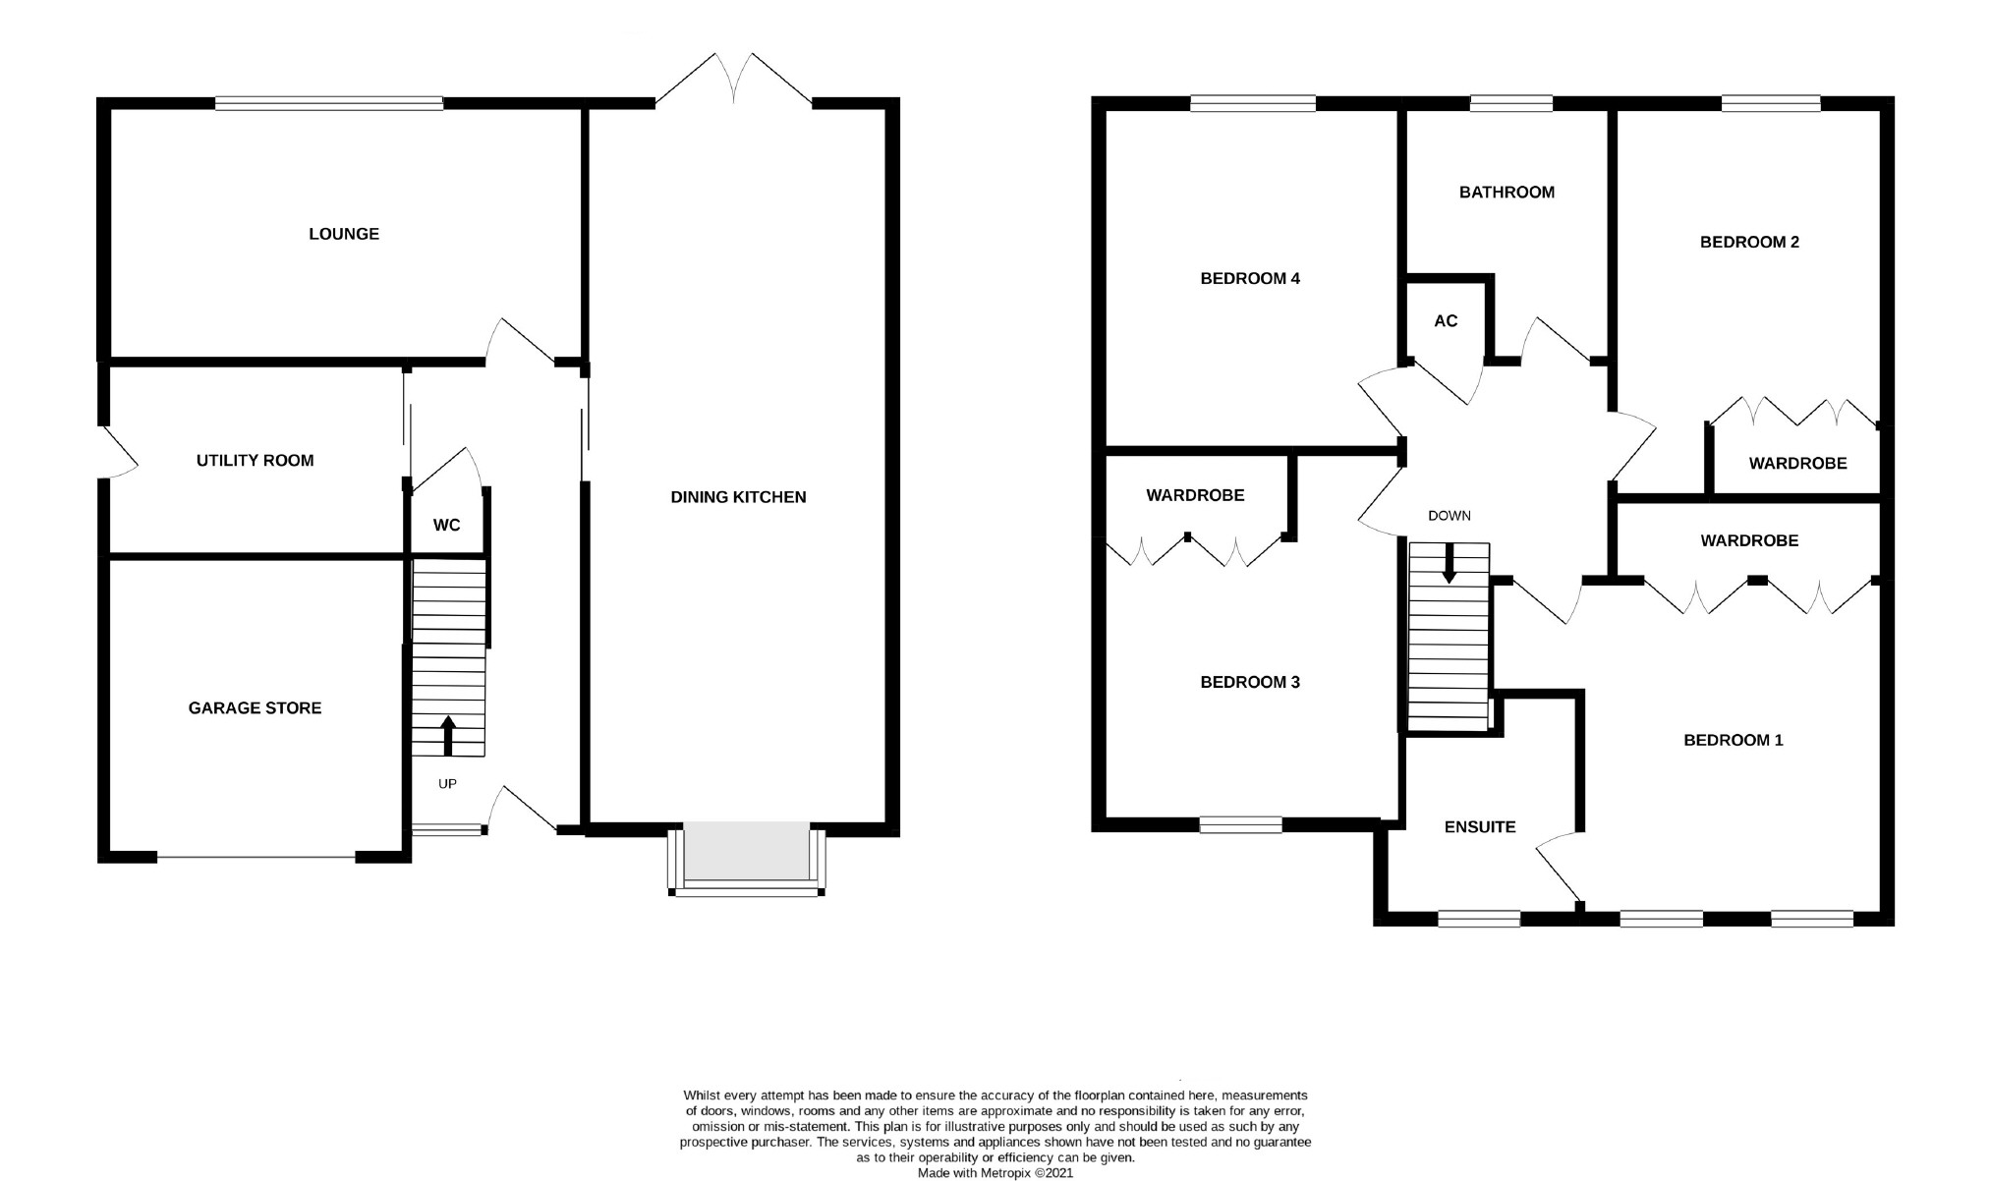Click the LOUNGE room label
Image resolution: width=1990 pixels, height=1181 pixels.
point(343,234)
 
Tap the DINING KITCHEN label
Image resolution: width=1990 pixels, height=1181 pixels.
point(738,497)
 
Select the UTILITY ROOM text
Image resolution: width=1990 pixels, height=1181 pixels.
point(255,461)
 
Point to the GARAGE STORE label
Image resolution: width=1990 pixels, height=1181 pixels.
point(255,708)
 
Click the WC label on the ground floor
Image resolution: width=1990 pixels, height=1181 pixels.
point(446,526)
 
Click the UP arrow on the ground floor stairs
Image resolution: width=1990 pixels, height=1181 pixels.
point(448,735)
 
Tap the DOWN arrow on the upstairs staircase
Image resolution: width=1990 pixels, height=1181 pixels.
point(1449,567)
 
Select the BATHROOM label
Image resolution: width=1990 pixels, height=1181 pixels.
point(1507,193)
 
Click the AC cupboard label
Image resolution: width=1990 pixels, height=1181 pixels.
point(1445,321)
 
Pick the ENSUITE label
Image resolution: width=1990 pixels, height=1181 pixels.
point(1479,827)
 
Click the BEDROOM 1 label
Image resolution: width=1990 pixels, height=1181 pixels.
point(1733,741)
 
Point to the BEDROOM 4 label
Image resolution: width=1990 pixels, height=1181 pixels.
point(1249,279)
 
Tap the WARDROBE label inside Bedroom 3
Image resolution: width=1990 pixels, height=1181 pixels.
point(1195,496)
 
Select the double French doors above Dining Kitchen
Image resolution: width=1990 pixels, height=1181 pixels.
point(734,79)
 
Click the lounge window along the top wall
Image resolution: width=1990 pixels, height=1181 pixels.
point(328,103)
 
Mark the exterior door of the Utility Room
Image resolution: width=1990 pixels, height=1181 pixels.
point(116,452)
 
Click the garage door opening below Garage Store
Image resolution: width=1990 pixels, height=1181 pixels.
point(256,858)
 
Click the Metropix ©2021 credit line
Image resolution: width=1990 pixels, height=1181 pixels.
point(995,1173)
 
